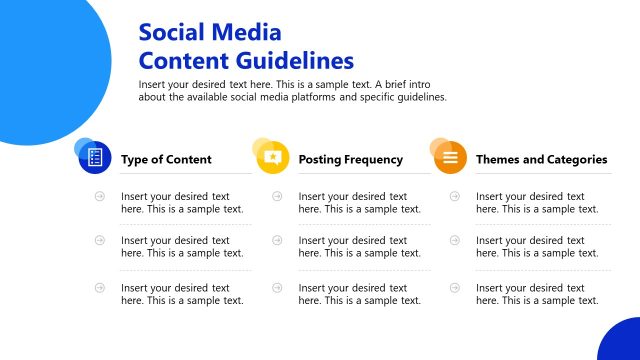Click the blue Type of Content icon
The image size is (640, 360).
coord(95,158)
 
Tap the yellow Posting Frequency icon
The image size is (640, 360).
coord(272,158)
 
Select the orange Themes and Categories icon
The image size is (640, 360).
coord(450,158)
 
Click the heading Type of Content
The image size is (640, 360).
coord(166,159)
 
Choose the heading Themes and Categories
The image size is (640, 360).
coord(541,159)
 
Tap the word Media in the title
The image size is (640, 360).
coord(248,33)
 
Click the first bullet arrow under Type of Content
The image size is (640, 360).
coord(99,196)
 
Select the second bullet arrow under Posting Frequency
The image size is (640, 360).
coord(276,241)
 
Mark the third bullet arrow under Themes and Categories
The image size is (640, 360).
coord(454,287)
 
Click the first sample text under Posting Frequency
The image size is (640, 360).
coord(359,202)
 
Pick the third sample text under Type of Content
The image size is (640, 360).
coord(182,294)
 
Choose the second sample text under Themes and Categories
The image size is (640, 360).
coord(537,247)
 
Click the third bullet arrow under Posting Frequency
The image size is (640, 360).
coord(276,287)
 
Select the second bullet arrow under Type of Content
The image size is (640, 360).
coord(99,241)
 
